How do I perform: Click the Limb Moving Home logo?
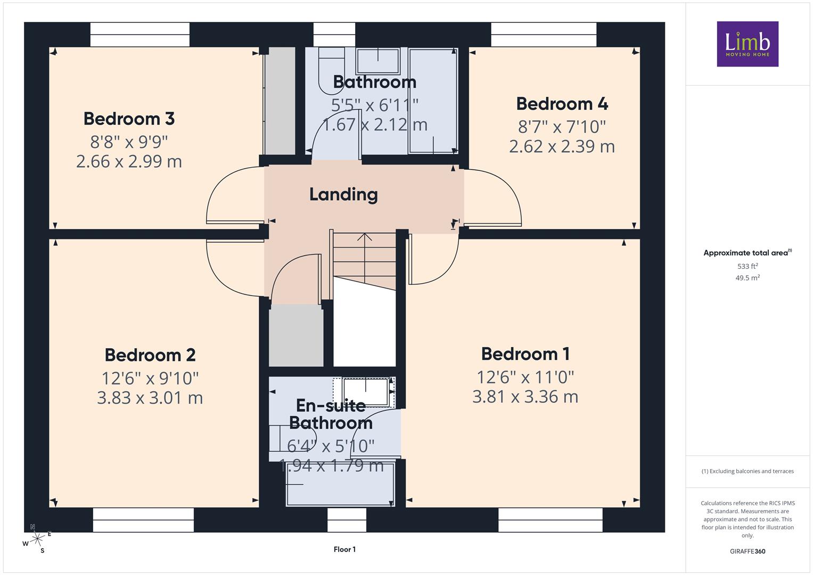pos(748,44)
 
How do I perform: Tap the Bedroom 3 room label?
pos(129,119)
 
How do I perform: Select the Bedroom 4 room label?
pos(562,104)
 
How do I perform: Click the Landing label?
pos(343,194)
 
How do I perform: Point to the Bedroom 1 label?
pos(525,354)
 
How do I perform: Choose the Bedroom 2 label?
pos(150,355)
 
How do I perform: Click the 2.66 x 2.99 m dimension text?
pos(129,161)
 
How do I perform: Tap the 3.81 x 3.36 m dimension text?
pos(525,397)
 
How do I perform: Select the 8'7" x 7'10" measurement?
pos(562,127)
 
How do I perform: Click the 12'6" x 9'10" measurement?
pos(150,378)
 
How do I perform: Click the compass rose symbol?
pos(37,539)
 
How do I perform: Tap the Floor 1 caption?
pos(344,549)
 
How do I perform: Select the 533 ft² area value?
pos(748,266)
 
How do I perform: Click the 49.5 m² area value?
pos(748,278)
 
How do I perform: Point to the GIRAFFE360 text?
pos(748,551)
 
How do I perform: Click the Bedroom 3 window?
pos(139,35)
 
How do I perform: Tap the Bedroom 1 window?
pos(550,520)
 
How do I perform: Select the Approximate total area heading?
pos(748,253)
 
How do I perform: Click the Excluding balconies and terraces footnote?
pos(748,471)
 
